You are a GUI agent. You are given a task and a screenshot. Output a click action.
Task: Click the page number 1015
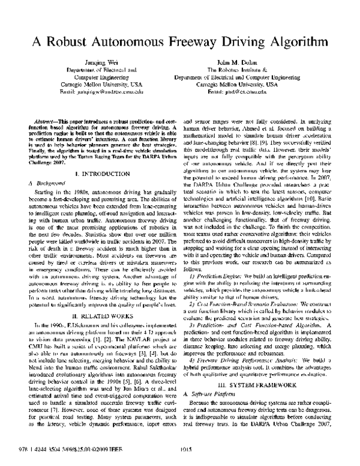[x=181, y=454]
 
